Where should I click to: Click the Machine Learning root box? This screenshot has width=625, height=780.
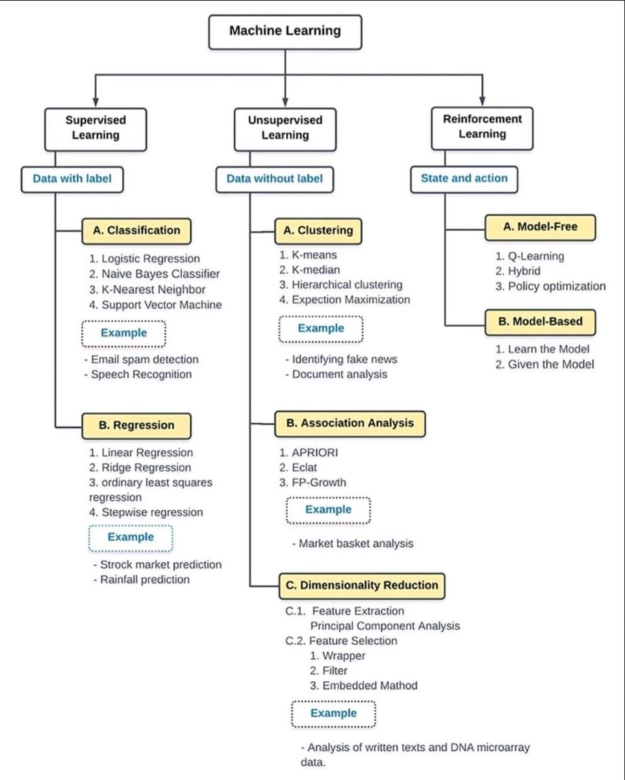[285, 31]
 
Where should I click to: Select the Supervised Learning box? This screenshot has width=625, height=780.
[96, 127]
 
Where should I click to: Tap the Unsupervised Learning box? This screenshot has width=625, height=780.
[285, 127]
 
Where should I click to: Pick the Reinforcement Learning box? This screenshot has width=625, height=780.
[482, 126]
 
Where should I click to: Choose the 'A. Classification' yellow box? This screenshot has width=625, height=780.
[136, 229]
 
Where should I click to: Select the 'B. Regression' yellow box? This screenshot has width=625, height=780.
[136, 425]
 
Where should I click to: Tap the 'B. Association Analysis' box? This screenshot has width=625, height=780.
[350, 422]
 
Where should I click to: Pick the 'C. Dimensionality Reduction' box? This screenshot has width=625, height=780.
[362, 585]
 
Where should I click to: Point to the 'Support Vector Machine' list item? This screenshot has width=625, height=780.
[156, 304]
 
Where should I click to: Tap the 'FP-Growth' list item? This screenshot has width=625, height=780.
[313, 482]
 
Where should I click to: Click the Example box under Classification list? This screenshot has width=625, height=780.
[123, 333]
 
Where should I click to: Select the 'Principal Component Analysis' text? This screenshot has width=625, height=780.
[385, 626]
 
